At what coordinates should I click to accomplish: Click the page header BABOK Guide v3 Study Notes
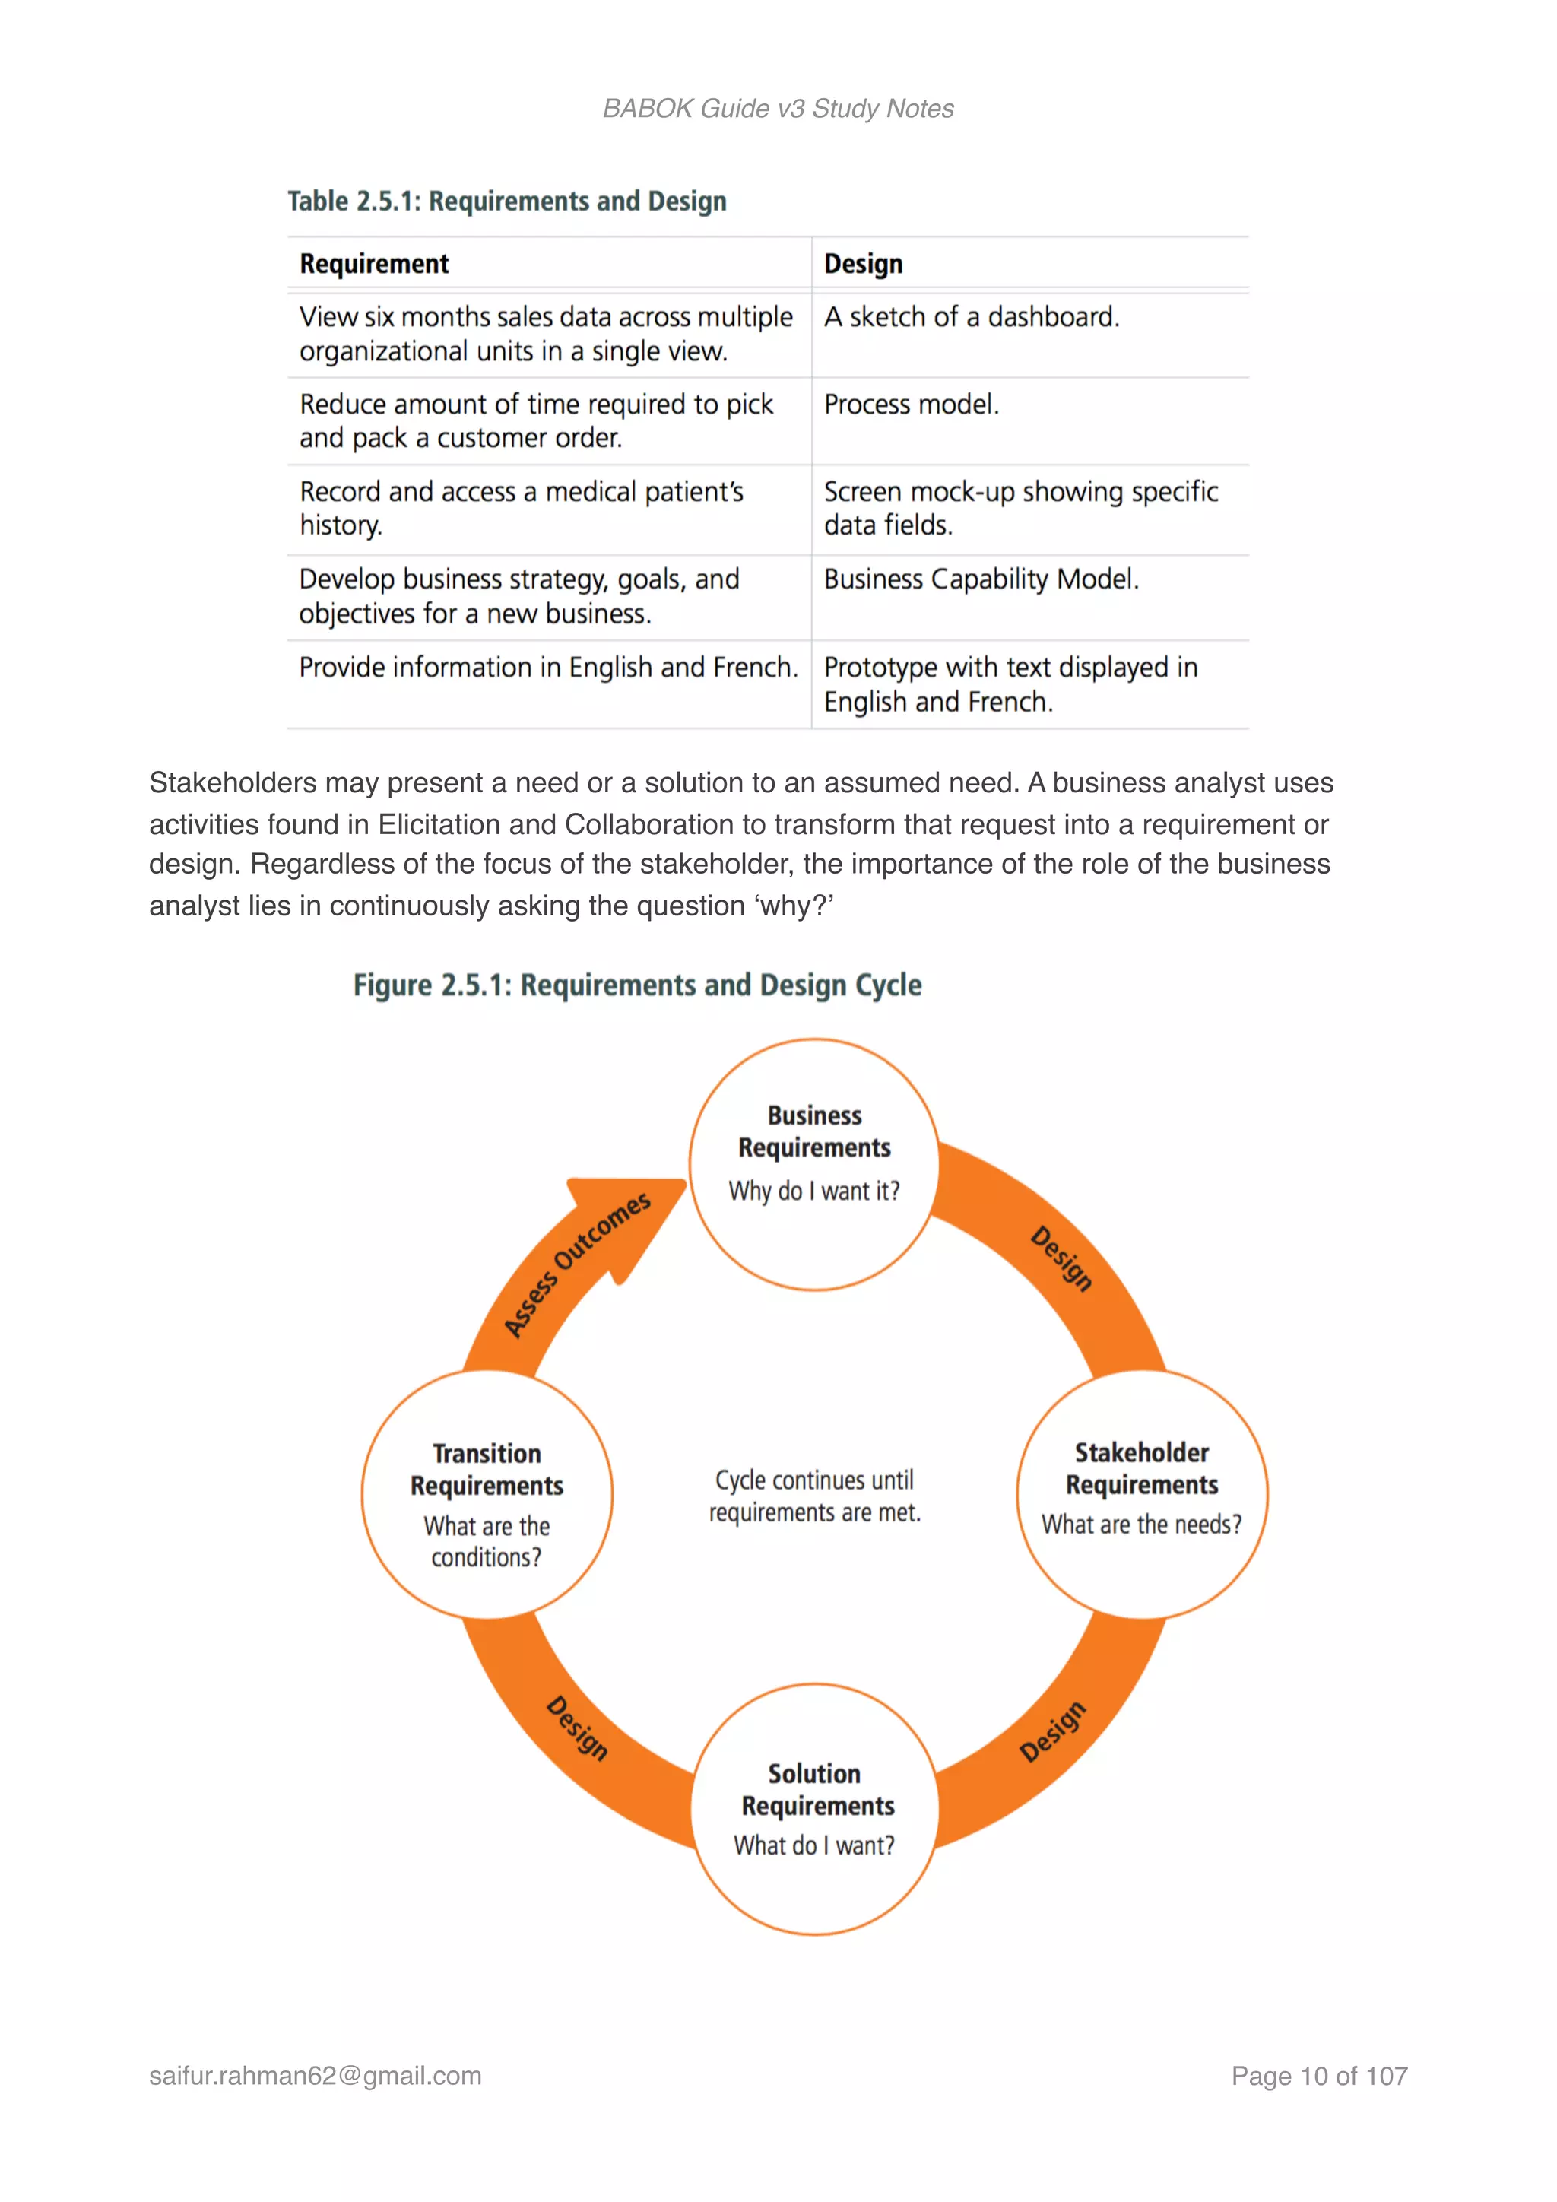click(778, 109)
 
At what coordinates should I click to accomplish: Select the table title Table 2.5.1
click(506, 201)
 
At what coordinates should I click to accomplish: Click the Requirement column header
click(374, 264)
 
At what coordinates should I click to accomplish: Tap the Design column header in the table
click(863, 264)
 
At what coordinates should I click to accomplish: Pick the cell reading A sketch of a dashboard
click(971, 317)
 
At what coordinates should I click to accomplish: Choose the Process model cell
click(911, 405)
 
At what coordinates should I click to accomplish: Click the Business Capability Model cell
click(981, 579)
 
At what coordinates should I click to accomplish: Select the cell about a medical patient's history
click(521, 509)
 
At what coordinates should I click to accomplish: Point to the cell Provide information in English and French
click(547, 668)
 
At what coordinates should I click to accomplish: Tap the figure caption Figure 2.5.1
click(636, 985)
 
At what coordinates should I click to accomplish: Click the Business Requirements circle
click(814, 1163)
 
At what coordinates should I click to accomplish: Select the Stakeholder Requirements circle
click(1141, 1493)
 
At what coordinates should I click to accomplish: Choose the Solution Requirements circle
click(815, 1808)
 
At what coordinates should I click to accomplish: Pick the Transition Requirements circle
click(487, 1494)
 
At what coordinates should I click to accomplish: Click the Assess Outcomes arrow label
click(578, 1263)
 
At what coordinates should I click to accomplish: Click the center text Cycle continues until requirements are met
click(814, 1496)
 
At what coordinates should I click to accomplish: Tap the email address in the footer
click(315, 2076)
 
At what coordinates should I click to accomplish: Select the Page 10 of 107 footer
click(1318, 2076)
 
